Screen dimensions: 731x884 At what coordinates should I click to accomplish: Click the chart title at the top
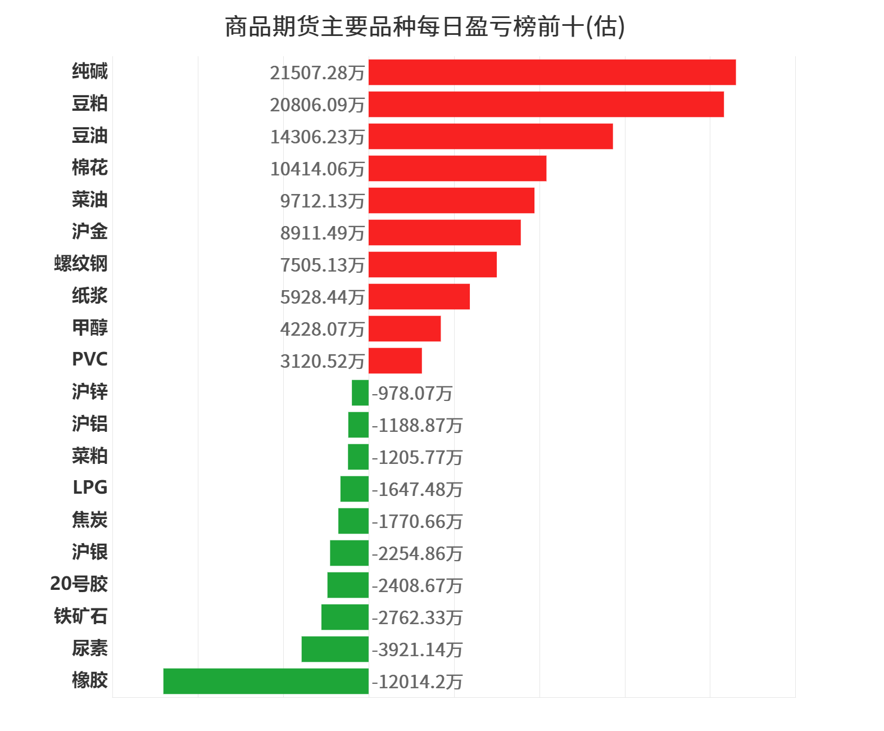click(425, 26)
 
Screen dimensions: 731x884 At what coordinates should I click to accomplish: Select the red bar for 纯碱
click(552, 73)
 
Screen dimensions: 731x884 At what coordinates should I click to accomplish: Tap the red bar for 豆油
click(491, 137)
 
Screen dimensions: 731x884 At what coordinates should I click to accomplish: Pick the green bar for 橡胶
click(266, 681)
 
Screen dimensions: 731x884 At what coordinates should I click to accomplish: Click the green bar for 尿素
click(335, 649)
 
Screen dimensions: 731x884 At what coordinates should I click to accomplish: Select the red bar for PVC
click(395, 361)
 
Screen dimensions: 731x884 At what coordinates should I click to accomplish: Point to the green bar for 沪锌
click(360, 393)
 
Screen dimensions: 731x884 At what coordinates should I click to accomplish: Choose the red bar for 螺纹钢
click(433, 265)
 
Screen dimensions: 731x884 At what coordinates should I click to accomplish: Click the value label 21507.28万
click(317, 73)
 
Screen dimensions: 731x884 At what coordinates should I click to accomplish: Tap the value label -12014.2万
click(417, 682)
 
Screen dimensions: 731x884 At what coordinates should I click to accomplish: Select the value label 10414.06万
click(317, 169)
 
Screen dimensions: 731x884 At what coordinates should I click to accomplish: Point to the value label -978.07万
click(412, 394)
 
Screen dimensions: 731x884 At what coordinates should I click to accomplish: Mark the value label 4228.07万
click(322, 330)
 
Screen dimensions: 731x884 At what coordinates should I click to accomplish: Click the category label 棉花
click(90, 168)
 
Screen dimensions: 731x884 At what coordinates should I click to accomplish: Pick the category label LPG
click(90, 488)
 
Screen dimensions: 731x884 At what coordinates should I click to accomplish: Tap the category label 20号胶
click(79, 584)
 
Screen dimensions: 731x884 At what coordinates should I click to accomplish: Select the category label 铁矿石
click(81, 616)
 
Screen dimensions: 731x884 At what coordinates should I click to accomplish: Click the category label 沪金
click(90, 232)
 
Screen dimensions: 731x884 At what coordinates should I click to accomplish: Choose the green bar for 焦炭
click(353, 521)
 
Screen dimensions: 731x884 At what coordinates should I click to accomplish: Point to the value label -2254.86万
click(417, 554)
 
